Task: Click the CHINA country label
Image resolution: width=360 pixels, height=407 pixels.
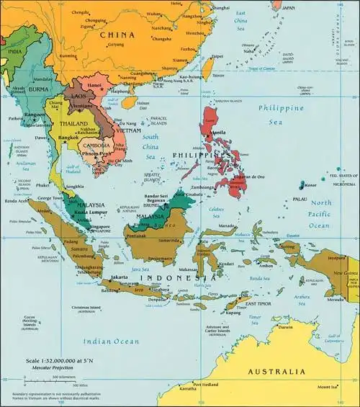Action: click(x=117, y=35)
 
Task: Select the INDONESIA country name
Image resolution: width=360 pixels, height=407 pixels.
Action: click(x=178, y=277)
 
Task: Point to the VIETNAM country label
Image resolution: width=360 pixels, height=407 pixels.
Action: click(x=127, y=130)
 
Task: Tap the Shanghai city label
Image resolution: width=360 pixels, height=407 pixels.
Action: click(x=221, y=8)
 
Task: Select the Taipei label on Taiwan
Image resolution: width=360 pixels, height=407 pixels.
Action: click(x=217, y=55)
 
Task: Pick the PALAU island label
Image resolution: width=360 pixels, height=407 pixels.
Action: click(x=300, y=200)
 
